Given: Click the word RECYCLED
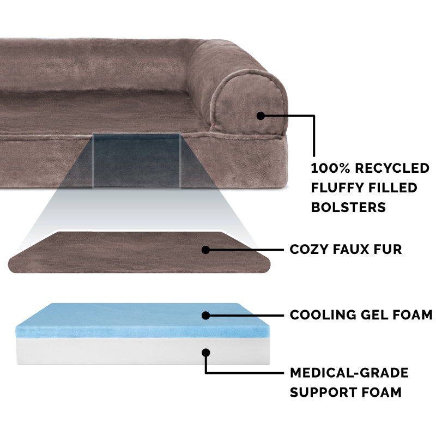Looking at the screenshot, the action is pyautogui.click(x=392, y=168).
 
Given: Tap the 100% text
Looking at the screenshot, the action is pyautogui.click(x=330, y=168).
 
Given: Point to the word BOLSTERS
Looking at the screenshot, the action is pyautogui.click(x=348, y=207).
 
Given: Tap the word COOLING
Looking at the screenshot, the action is pyautogui.click(x=323, y=315).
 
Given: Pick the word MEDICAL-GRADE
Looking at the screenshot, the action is pyautogui.click(x=349, y=373).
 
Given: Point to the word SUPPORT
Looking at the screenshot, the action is pyautogui.click(x=323, y=392).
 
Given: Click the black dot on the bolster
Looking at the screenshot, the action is pyautogui.click(x=261, y=116).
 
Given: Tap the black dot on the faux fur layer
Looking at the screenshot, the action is pyautogui.click(x=205, y=250).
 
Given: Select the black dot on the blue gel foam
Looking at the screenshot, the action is pyautogui.click(x=206, y=316).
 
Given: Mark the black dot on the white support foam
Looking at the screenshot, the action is pyautogui.click(x=206, y=353).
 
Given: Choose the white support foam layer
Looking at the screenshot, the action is pyautogui.click(x=143, y=351).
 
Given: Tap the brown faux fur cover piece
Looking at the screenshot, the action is pyautogui.click(x=139, y=252).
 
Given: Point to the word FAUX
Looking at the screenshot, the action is pyautogui.click(x=350, y=250).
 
